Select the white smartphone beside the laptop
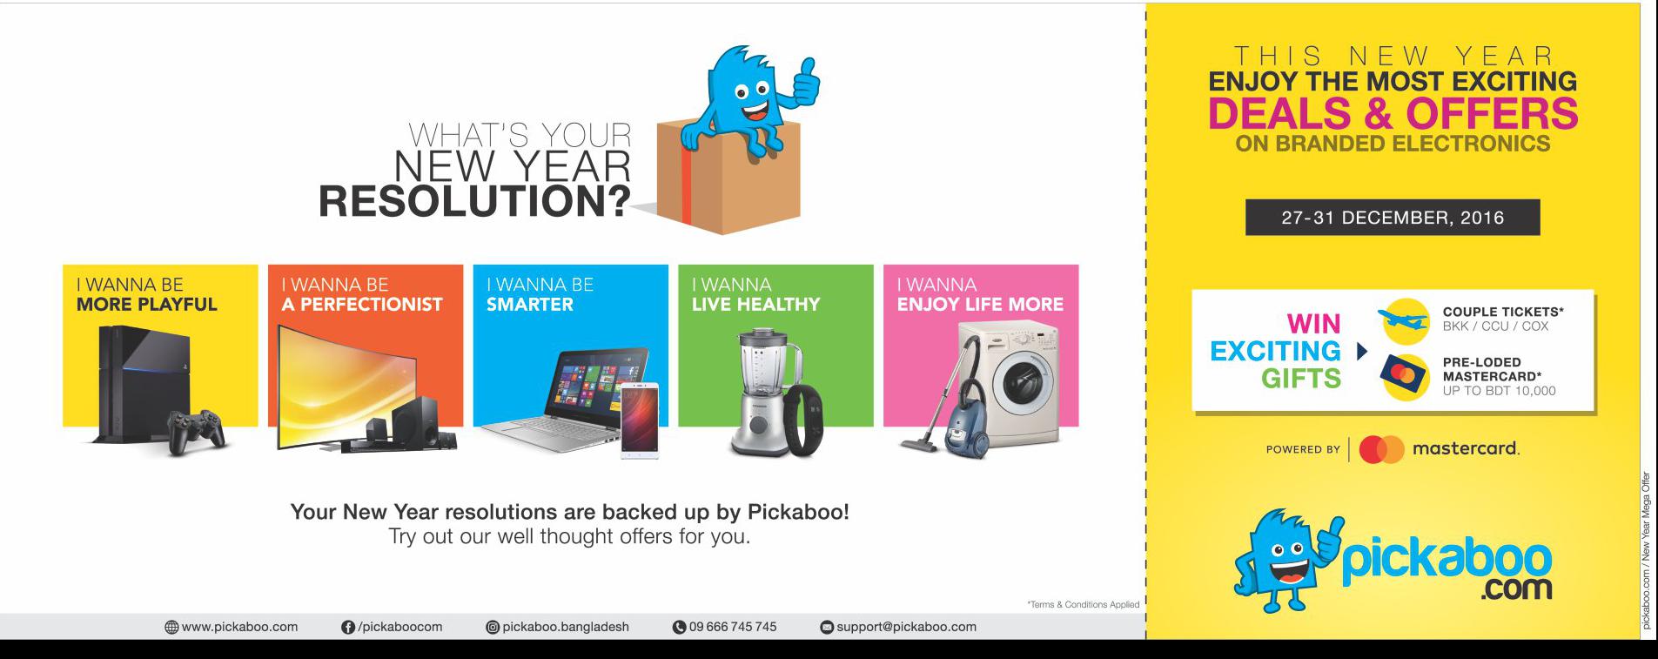(x=640, y=420)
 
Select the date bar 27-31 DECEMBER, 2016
(x=1393, y=217)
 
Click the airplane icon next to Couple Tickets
(x=1404, y=321)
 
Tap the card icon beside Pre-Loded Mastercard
(x=1404, y=377)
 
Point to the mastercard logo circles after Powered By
(x=1382, y=449)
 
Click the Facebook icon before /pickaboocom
(x=348, y=627)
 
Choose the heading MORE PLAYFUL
(x=146, y=305)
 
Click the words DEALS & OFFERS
(x=1393, y=113)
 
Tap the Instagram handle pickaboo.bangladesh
(x=566, y=627)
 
